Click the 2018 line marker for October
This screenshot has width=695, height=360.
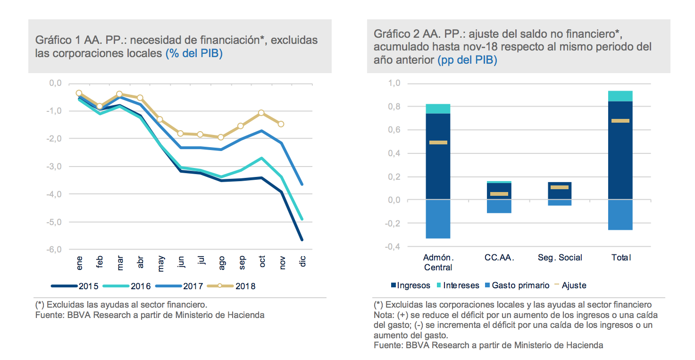pos(261,113)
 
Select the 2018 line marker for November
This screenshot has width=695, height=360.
pos(281,124)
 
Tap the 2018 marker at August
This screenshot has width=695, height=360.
pos(220,137)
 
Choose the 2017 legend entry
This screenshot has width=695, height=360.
pos(178,286)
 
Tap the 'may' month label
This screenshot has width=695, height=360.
pos(161,263)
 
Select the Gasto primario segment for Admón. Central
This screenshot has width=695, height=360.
pos(438,219)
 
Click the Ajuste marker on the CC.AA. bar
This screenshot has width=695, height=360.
pos(499,194)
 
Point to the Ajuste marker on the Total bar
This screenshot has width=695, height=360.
pos(621,121)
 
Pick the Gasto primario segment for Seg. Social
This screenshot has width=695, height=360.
pos(560,202)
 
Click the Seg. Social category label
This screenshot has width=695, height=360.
pos(560,258)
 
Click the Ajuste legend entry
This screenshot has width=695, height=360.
pos(570,285)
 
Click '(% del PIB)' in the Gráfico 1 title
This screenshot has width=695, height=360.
pos(194,53)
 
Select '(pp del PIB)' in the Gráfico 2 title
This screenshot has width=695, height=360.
pos(467,60)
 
